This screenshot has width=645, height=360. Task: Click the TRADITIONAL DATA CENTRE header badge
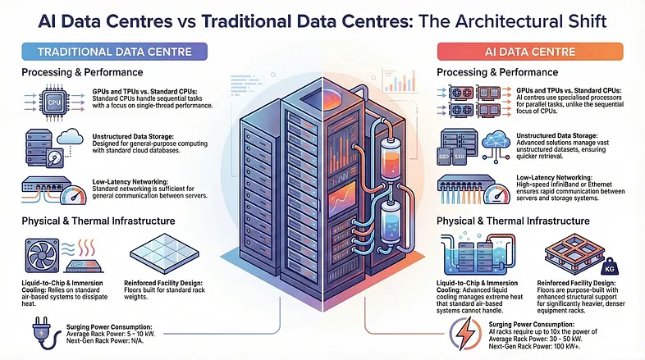pyautogui.click(x=115, y=52)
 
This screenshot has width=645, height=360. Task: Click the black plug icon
pyautogui.click(x=39, y=335)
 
